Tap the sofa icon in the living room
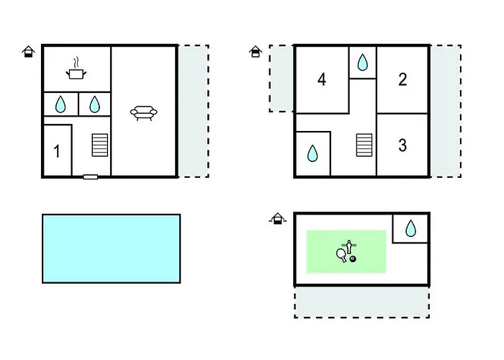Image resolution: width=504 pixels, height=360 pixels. click(x=144, y=112)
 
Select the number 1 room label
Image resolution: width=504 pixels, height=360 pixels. click(x=56, y=151)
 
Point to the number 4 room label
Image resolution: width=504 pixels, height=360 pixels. click(x=322, y=80)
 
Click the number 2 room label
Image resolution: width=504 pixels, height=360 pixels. click(x=402, y=80)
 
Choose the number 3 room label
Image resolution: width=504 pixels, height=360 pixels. click(x=402, y=145)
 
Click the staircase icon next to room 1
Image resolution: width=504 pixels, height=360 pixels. click(x=99, y=145)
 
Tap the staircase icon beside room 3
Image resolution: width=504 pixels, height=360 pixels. click(x=364, y=145)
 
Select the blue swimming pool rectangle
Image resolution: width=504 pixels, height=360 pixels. click(x=111, y=248)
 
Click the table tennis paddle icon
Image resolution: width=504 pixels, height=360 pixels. click(x=341, y=253)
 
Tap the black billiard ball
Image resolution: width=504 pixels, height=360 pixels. click(x=353, y=258)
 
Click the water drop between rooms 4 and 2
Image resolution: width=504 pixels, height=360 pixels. click(x=363, y=63)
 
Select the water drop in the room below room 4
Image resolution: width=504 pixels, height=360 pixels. click(x=312, y=153)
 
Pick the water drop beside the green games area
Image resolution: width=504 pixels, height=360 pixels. click(x=410, y=229)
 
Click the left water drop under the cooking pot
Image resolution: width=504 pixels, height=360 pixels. click(x=60, y=105)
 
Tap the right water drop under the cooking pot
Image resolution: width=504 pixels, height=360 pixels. click(x=94, y=105)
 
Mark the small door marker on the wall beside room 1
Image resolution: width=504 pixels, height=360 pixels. click(x=91, y=176)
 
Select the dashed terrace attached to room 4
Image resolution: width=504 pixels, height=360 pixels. click(x=282, y=78)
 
